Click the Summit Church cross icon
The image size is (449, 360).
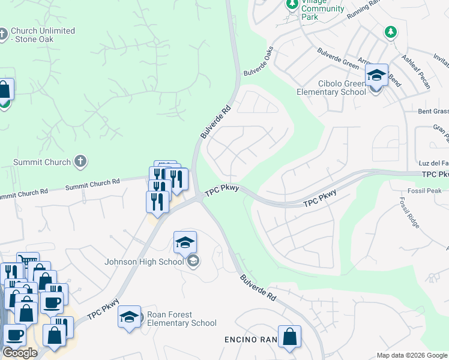pyautogui.click(x=81, y=161)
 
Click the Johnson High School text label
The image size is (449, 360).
pyautogui.click(x=144, y=262)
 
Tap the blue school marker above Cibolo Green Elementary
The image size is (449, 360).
pyautogui.click(x=376, y=75)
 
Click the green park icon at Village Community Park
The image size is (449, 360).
pyautogui.click(x=292, y=5)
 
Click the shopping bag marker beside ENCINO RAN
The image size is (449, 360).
pyautogui.click(x=289, y=337)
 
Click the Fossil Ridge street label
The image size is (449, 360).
pyautogui.click(x=411, y=212)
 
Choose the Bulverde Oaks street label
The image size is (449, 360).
pyautogui.click(x=259, y=61)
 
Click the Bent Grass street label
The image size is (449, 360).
pyautogui.click(x=433, y=112)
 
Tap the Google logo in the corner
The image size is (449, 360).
pyautogui.click(x=20, y=353)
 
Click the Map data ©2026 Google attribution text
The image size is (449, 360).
pyautogui.click(x=412, y=355)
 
